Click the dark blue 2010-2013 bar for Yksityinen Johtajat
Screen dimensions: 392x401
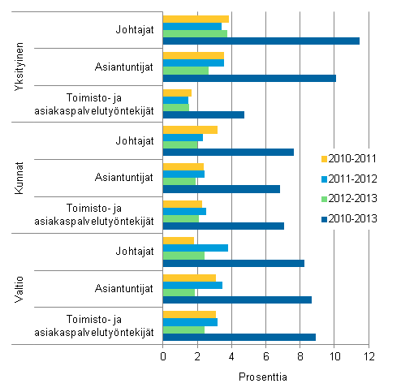point(261,41)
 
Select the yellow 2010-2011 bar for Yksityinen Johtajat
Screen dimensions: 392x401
point(196,19)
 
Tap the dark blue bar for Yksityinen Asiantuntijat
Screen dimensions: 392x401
point(249,79)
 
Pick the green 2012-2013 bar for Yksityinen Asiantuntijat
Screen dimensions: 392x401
point(186,71)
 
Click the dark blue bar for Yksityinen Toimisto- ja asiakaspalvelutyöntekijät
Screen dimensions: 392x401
point(204,114)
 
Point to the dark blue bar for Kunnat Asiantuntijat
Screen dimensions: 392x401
point(222,189)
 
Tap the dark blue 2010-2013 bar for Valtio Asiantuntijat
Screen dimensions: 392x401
point(237,300)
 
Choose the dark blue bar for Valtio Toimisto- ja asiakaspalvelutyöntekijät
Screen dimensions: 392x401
point(239,337)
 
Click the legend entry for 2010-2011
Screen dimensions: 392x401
point(355,158)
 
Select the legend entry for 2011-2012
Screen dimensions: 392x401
point(355,177)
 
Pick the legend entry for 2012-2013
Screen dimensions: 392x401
point(355,196)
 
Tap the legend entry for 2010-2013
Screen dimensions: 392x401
point(355,216)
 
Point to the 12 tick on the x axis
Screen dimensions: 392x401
point(369,356)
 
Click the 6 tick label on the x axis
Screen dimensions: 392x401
point(266,356)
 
